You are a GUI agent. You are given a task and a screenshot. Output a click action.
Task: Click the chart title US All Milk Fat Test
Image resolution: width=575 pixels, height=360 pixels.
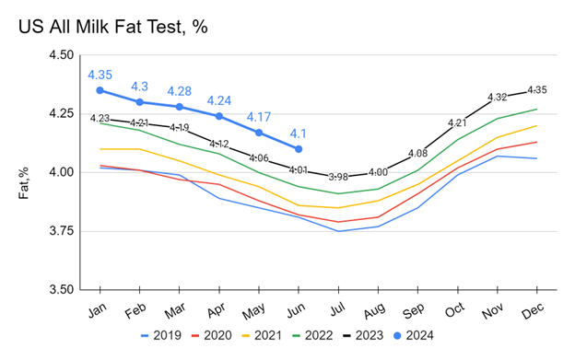113,27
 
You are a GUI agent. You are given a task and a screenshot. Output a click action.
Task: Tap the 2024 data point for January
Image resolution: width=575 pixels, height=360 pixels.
100,90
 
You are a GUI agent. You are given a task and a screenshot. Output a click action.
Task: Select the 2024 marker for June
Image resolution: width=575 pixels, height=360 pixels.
299,149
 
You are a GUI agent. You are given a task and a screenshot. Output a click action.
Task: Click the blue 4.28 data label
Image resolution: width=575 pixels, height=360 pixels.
180,91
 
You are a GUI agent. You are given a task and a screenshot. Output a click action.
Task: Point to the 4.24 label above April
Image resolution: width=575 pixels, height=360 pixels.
219,100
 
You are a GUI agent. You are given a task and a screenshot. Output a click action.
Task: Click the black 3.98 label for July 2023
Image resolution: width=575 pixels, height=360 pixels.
338,177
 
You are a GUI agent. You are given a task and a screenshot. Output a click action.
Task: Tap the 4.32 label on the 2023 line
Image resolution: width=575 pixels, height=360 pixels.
497,97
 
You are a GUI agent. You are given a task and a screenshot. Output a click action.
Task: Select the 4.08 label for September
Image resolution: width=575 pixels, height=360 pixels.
417,153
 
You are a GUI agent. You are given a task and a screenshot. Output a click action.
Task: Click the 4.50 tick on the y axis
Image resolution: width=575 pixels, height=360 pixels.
62,55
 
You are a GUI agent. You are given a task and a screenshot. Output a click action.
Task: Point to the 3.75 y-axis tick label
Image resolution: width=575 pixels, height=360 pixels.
62,231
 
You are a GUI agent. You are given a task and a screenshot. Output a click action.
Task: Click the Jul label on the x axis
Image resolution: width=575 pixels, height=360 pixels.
337,310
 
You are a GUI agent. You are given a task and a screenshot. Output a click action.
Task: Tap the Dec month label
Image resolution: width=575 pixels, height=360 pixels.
533,311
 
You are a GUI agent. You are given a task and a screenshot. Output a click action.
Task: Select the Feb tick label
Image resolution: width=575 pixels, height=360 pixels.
135,311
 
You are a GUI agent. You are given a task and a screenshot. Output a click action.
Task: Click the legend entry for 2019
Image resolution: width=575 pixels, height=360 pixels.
161,335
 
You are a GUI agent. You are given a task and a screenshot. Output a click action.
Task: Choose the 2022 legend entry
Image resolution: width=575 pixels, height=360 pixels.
312,335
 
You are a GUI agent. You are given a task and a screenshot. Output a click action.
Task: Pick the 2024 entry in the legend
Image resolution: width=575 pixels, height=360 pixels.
413,335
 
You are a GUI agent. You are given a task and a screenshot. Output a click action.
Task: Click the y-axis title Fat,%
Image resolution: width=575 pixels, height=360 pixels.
23,183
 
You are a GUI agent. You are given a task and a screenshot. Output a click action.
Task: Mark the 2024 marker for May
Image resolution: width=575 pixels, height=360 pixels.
259,133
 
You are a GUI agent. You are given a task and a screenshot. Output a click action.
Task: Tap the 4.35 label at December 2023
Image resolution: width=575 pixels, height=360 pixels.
537,89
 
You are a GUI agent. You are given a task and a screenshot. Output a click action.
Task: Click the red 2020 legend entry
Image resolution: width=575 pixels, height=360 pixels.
212,335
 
